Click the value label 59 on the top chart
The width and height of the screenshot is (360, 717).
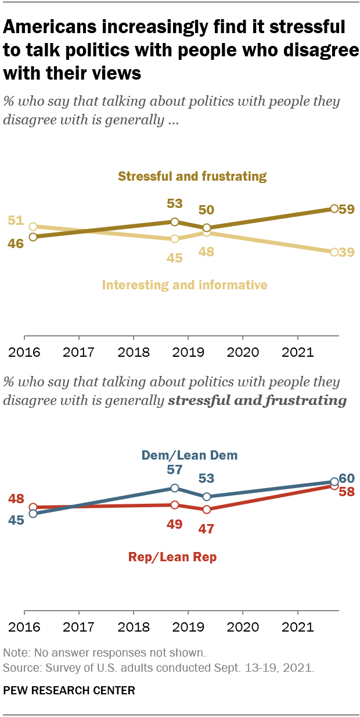pyautogui.click(x=347, y=209)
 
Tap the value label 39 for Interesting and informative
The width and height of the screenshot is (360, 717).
pyautogui.click(x=347, y=252)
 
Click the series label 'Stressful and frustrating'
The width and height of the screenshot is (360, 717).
pyautogui.click(x=192, y=176)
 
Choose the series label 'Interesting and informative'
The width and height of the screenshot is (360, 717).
pyautogui.click(x=185, y=285)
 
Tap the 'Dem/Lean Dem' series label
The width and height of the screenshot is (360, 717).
pyautogui.click(x=190, y=455)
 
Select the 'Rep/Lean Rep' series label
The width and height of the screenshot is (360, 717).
pyautogui.click(x=172, y=557)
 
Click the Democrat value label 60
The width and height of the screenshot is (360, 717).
pyautogui.click(x=347, y=478)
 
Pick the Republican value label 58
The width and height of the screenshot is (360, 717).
pyautogui.click(x=347, y=492)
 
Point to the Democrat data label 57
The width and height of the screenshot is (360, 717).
pyautogui.click(x=175, y=469)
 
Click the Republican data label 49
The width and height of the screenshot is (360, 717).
pyautogui.click(x=175, y=524)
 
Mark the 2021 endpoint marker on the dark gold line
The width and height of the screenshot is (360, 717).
pyautogui.click(x=334, y=208)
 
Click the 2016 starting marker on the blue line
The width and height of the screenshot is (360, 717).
pyautogui.click(x=33, y=514)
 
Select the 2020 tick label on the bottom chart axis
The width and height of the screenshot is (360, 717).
pyautogui.click(x=242, y=628)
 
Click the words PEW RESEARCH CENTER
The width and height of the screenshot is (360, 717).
pyautogui.click(x=69, y=690)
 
